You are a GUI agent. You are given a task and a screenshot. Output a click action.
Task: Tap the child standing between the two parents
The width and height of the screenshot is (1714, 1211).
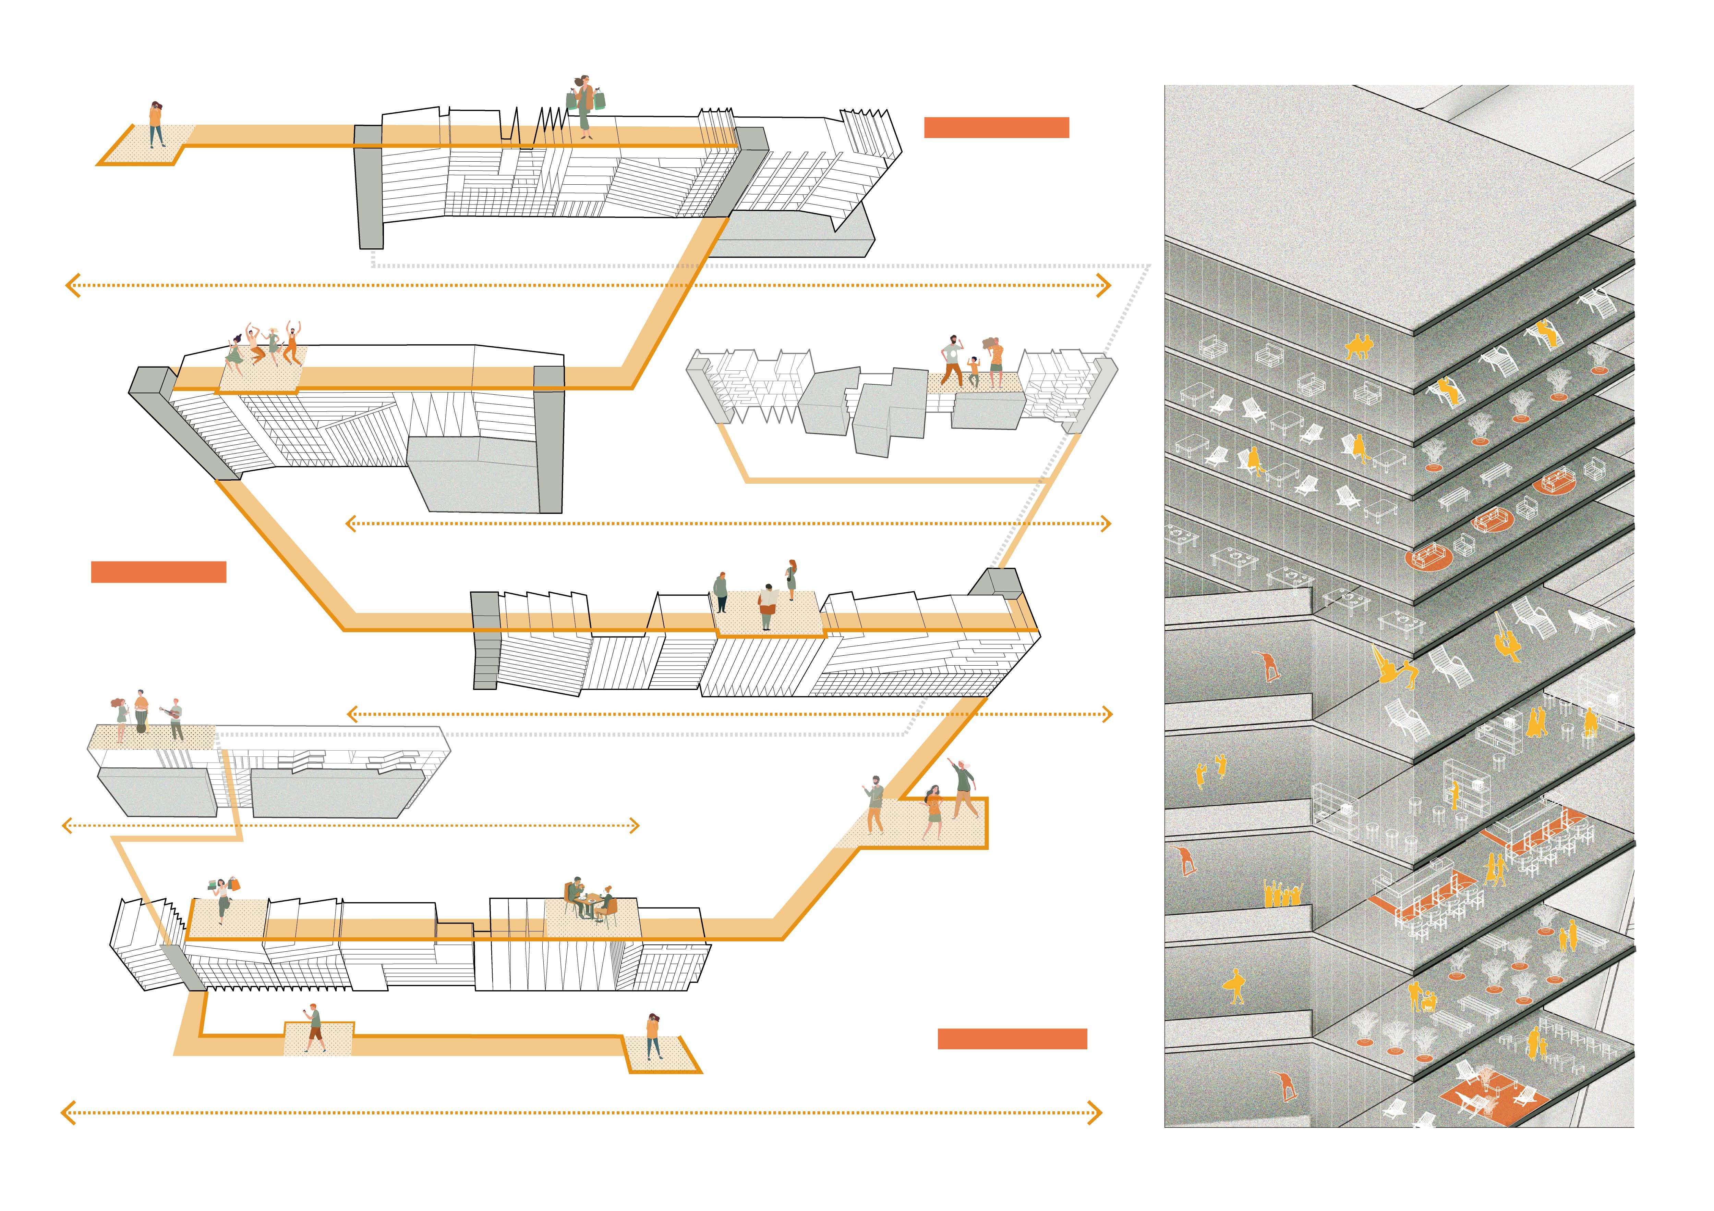click(x=974, y=372)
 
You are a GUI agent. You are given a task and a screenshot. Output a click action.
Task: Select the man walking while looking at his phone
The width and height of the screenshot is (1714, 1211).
click(x=314, y=1027)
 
